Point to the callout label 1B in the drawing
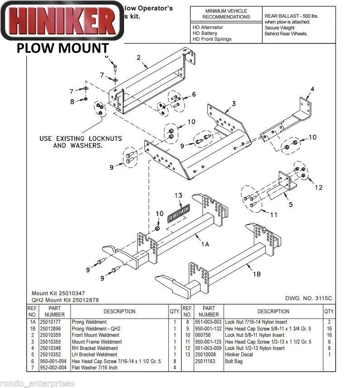(x=257, y=274)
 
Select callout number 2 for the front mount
(x=139, y=57)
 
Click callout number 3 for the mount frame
(x=233, y=104)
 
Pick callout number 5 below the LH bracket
(x=291, y=204)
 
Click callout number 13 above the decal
(x=179, y=196)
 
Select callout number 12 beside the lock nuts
(x=319, y=187)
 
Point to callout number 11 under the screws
(x=273, y=215)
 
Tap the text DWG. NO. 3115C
(x=309, y=298)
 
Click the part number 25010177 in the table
(x=54, y=322)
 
